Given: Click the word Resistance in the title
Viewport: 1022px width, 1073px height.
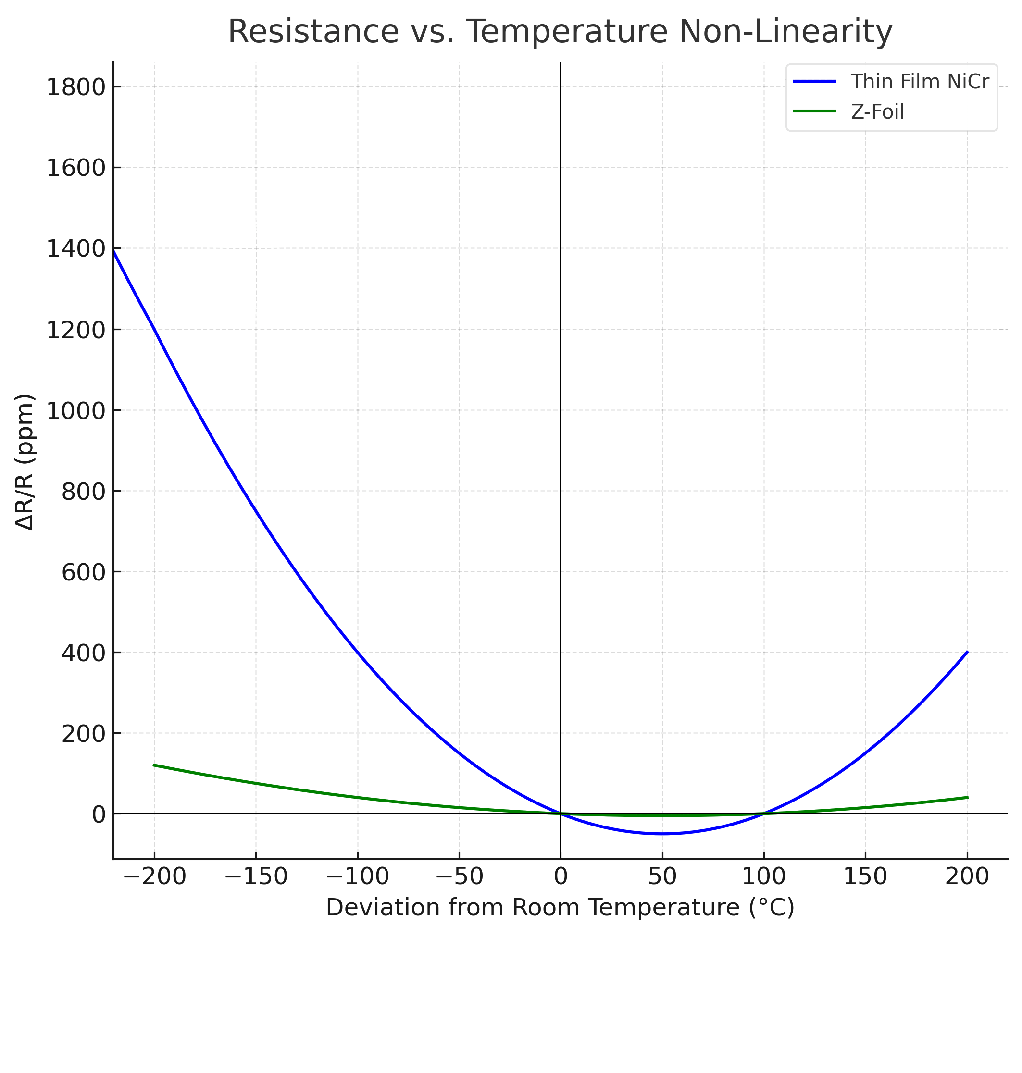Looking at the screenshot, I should pos(313,32).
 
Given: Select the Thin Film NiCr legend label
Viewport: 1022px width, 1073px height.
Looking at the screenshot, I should pos(920,82).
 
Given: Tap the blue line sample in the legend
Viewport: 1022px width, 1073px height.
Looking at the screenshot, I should pos(814,82).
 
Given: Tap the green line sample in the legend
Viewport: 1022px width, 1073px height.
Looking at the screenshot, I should pos(814,111).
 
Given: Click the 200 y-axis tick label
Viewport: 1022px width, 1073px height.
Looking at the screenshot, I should pos(83,734).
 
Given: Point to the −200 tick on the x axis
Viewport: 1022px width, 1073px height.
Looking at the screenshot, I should pos(155,876).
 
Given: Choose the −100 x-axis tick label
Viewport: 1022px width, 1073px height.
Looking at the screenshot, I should pos(357,876).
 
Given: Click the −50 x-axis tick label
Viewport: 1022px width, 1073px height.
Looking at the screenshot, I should pos(459,876).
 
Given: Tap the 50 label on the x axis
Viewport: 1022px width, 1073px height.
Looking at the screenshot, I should pos(662,876).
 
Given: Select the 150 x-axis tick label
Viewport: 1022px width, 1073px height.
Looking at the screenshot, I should pos(865,876).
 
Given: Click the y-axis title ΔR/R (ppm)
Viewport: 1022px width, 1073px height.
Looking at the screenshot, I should pos(25,462).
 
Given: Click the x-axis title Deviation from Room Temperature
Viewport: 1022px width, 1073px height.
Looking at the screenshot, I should pos(560,908).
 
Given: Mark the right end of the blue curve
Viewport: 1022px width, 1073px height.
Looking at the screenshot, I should pos(967,652).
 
